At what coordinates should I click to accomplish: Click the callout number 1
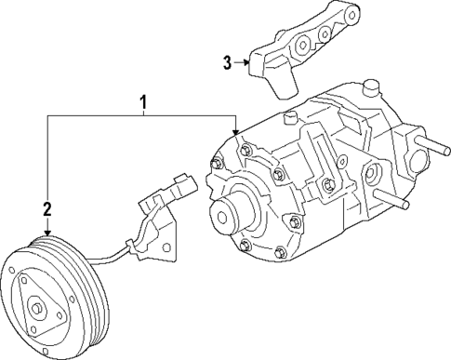[143, 102]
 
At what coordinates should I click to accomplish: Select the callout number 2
[47, 208]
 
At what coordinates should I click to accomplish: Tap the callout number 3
[227, 62]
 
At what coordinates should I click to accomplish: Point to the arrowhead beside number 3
[247, 62]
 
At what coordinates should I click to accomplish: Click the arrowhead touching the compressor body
[235, 132]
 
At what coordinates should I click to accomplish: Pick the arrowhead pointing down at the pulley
[47, 233]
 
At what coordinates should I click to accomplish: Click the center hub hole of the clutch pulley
[36, 308]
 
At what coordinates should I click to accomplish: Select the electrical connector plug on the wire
[186, 185]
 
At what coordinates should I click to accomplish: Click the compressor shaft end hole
[222, 217]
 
